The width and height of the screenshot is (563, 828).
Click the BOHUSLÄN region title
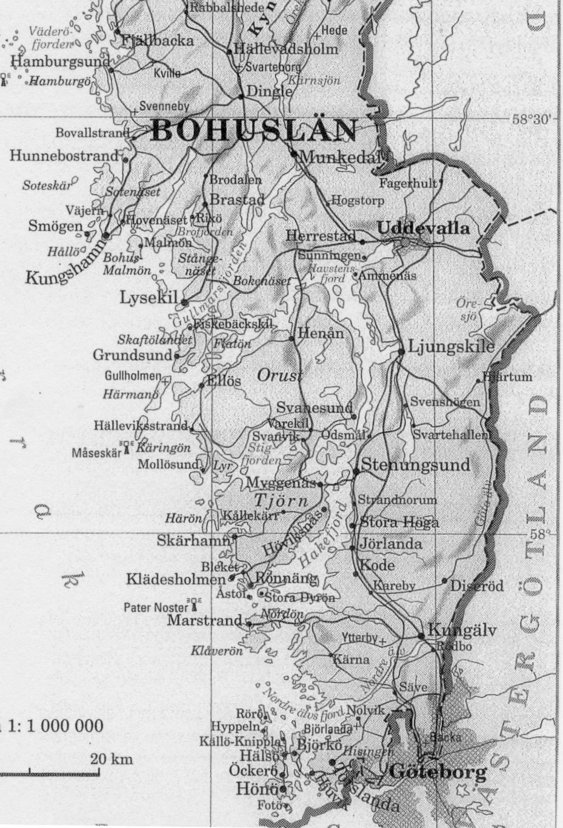[x=253, y=131]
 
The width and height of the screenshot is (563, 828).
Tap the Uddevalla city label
[x=423, y=228]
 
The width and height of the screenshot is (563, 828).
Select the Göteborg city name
[x=438, y=772]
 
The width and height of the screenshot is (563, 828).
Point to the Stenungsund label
[x=415, y=465]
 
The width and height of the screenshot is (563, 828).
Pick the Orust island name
[x=279, y=376]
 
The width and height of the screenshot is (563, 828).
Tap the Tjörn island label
[x=281, y=501]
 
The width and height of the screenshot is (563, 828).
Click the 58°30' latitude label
[x=532, y=119]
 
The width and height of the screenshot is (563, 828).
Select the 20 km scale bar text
[x=112, y=759]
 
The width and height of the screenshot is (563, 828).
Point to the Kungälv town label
[x=462, y=630]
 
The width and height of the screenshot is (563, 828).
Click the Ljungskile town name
[x=451, y=346]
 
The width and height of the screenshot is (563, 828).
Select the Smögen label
[x=55, y=226]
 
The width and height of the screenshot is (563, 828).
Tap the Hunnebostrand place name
[x=64, y=156]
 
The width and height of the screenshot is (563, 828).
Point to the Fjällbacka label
[x=158, y=41]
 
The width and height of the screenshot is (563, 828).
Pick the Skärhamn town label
[x=193, y=539]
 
